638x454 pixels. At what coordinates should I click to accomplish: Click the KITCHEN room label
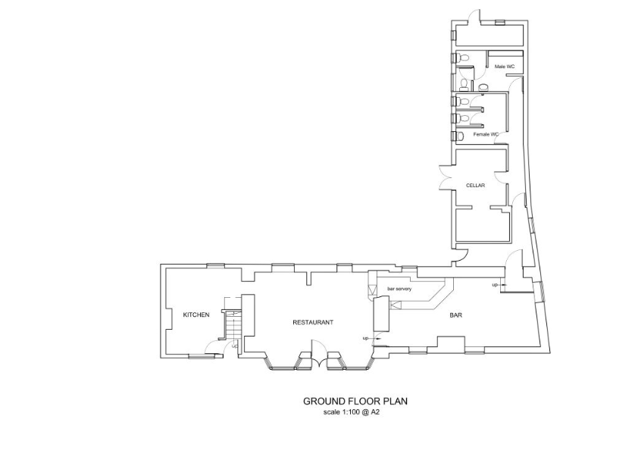195,315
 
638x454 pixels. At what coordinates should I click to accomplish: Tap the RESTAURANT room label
313,322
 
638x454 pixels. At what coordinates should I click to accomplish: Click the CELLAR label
475,185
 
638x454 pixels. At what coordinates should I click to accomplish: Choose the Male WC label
505,67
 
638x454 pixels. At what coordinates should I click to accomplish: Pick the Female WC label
486,134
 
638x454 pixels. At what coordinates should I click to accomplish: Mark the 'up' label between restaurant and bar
366,338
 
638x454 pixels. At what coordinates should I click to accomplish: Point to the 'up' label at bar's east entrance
495,285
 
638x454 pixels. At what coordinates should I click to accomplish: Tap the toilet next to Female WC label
458,136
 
